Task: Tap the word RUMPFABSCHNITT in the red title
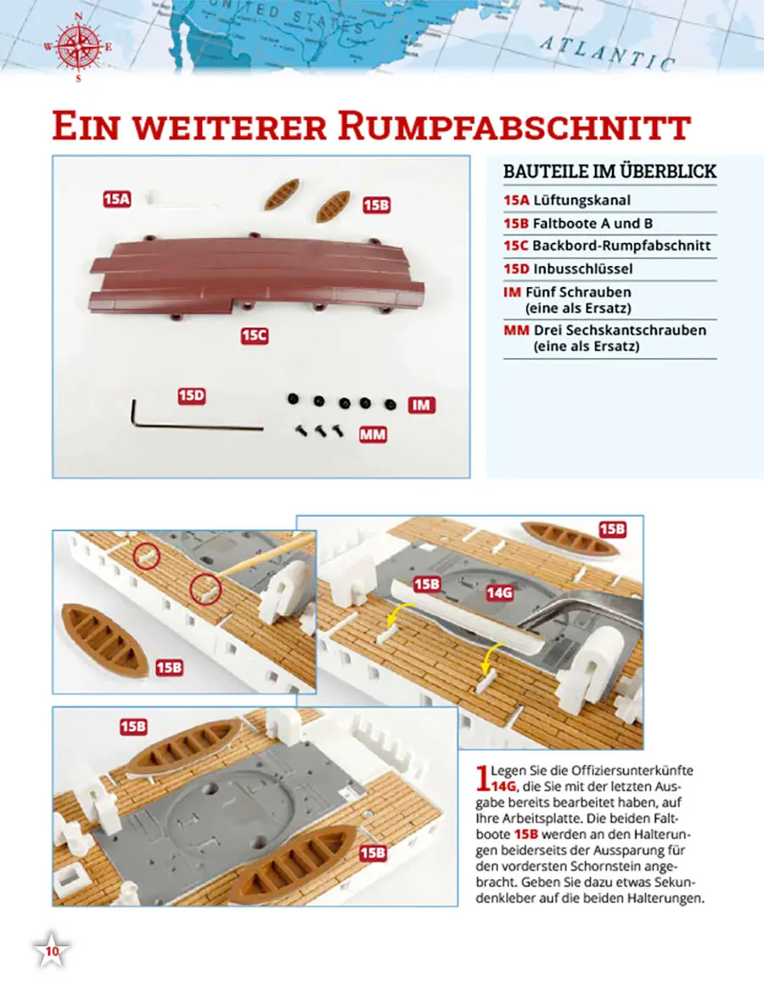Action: click(514, 127)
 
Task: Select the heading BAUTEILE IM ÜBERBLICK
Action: click(610, 171)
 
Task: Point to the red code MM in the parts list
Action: click(516, 330)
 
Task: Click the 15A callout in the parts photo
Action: click(117, 200)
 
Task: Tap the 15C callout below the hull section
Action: click(255, 335)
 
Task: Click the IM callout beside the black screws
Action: click(422, 405)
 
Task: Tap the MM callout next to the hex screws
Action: click(373, 435)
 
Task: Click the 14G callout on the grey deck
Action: click(499, 592)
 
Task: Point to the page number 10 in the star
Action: click(52, 951)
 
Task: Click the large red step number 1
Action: click(482, 777)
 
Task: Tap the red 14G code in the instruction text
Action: click(504, 786)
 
